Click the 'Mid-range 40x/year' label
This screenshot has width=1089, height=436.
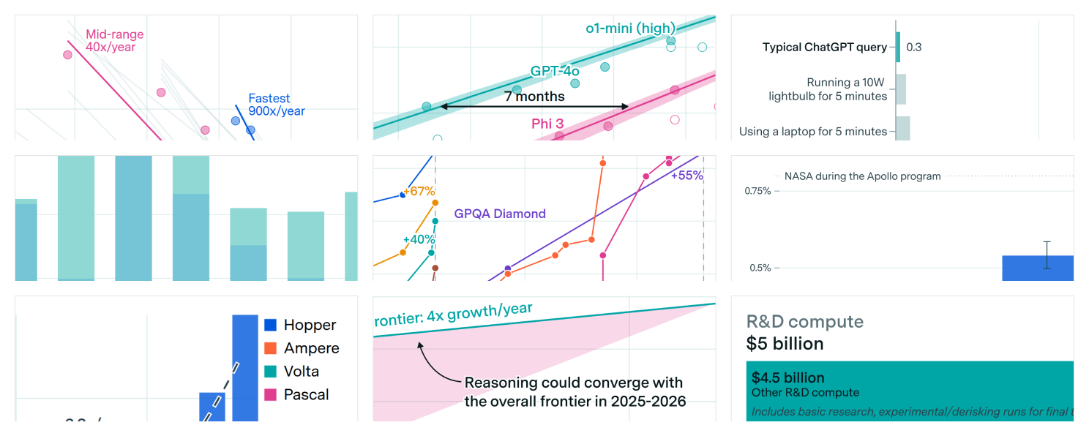point(114,41)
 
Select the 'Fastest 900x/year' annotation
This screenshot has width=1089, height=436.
point(276,105)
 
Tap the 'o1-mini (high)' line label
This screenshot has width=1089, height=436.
point(630,29)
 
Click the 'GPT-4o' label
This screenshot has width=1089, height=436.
point(555,71)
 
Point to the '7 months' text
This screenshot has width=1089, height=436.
point(534,96)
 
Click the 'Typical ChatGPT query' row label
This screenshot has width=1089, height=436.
point(824,48)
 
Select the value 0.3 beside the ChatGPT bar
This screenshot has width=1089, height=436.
point(914,48)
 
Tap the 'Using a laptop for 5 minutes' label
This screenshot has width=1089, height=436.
point(812,132)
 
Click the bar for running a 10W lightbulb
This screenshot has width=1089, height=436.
point(901,89)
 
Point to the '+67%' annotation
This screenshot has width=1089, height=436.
point(419,192)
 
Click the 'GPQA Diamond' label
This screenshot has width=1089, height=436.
point(500,214)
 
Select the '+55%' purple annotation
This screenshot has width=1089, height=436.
point(686,176)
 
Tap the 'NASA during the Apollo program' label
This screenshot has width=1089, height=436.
point(862,176)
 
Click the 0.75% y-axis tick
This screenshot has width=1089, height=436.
point(757,191)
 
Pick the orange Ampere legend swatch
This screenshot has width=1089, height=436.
point(271,348)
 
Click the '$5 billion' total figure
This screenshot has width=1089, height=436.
point(785,344)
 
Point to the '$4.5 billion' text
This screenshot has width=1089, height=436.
point(787,378)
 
